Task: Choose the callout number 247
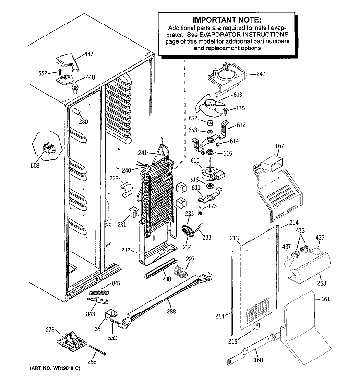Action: pos(260,74)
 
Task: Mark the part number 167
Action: pos(280,147)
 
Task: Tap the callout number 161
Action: pos(325,299)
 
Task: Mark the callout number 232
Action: pos(126,250)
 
